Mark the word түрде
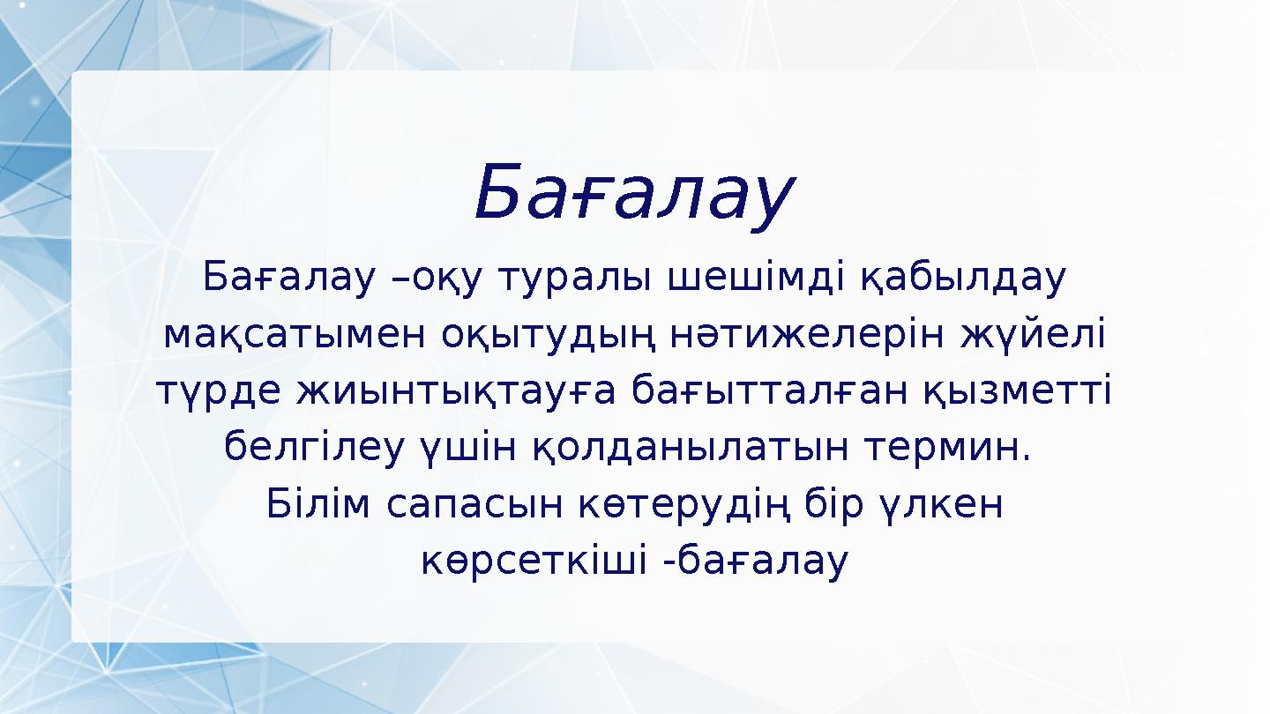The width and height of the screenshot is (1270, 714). point(215,391)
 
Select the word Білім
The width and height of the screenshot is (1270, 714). point(317,504)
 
